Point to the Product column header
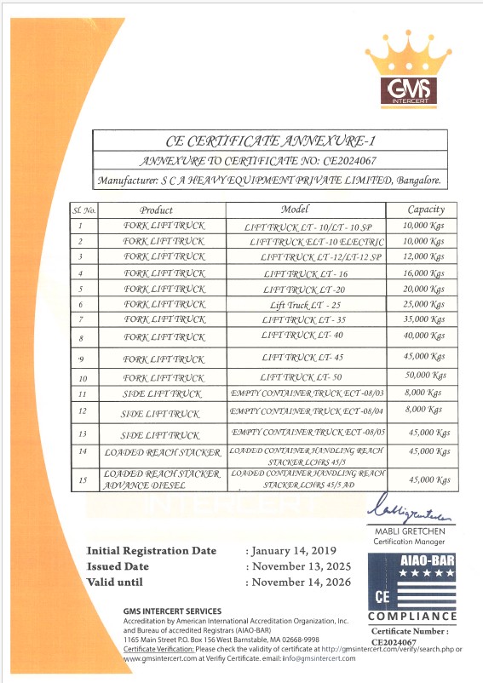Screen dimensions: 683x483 pyautogui.click(x=156, y=209)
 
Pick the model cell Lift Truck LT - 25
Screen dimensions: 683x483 pyautogui.click(x=306, y=305)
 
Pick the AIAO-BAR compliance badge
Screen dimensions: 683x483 pyautogui.click(x=411, y=587)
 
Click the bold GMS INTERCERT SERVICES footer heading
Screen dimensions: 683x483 pyautogui.click(x=171, y=611)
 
